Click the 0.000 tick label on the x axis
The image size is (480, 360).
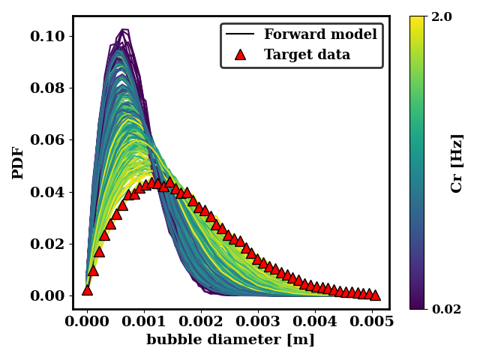(x=87, y=322)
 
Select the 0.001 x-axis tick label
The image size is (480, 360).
(x=144, y=322)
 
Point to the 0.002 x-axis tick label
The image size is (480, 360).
(x=201, y=322)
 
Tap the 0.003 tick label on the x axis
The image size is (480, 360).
(x=258, y=322)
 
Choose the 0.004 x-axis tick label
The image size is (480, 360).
(x=315, y=322)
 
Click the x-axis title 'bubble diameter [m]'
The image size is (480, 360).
(x=230, y=340)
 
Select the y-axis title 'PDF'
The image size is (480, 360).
(x=19, y=163)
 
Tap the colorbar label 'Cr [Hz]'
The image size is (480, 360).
(x=457, y=163)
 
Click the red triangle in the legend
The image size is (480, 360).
(x=240, y=55)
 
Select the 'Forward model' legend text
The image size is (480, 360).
(x=320, y=34)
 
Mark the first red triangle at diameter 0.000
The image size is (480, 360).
(x=87, y=289)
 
